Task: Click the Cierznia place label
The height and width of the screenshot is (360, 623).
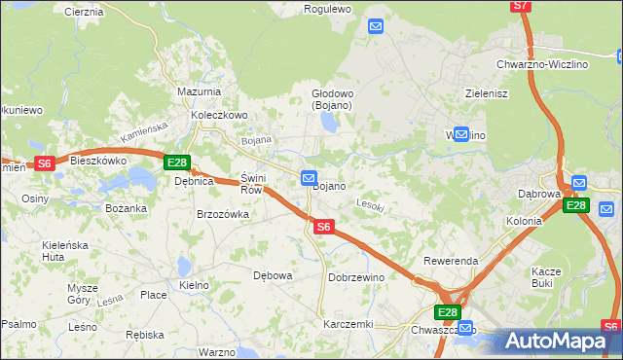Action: click(84, 12)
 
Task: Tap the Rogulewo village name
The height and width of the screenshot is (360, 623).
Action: click(327, 9)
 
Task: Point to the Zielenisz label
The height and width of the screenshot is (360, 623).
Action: click(488, 94)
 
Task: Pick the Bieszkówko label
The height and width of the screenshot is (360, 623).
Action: click(99, 161)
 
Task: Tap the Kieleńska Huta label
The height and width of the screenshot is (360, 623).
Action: click(67, 251)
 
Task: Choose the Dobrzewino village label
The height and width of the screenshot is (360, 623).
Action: click(357, 277)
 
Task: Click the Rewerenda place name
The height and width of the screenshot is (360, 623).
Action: click(450, 262)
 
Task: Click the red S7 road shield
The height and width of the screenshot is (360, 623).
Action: click(522, 6)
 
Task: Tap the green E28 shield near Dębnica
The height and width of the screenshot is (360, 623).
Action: click(176, 163)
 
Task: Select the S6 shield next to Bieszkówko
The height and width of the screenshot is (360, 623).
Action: click(44, 164)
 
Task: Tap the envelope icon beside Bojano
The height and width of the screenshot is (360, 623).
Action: click(309, 178)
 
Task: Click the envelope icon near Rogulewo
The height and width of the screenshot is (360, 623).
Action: click(377, 27)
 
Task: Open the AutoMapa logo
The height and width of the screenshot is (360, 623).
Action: click(559, 342)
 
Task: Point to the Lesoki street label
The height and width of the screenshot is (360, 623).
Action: click(371, 205)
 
